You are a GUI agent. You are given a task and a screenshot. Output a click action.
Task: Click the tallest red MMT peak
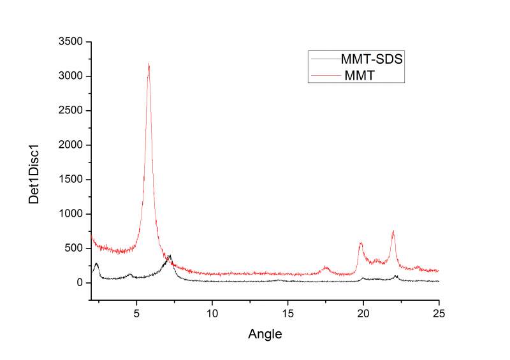tap(149, 64)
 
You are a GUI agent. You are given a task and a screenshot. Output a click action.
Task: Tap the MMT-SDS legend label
tap(373, 59)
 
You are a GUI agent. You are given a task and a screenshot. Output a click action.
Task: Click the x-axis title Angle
tap(264, 333)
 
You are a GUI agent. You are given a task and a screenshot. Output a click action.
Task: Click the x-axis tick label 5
tap(137, 313)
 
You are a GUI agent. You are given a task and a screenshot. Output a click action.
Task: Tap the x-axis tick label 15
tap(288, 313)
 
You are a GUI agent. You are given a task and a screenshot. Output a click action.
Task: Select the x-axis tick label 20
tap(363, 313)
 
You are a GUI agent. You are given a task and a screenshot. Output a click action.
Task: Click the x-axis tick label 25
tap(439, 313)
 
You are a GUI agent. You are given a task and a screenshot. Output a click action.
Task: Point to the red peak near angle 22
tap(393, 232)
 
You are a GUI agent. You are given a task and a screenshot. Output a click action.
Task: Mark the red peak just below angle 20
tap(360, 243)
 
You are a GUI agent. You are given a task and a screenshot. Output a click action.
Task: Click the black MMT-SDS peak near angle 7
tap(170, 256)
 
